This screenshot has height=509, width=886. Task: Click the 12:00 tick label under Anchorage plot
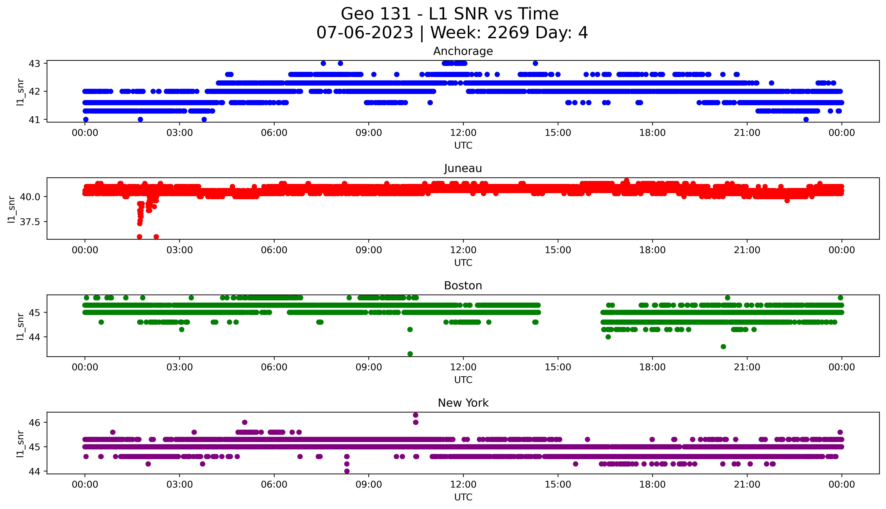[x=463, y=133]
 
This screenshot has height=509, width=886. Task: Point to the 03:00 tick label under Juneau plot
[x=180, y=250]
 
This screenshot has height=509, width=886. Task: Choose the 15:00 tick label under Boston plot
[x=558, y=367]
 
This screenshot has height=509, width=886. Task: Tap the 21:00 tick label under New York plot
[x=747, y=484]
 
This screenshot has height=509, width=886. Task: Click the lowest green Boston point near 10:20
[x=410, y=354]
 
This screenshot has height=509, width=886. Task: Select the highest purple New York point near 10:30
[x=416, y=415]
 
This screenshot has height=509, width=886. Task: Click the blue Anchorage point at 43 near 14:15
[x=535, y=63]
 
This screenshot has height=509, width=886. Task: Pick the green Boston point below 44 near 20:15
[x=723, y=346]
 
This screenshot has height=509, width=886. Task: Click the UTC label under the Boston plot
[x=463, y=380]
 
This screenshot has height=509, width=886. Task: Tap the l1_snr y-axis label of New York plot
[x=20, y=444]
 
